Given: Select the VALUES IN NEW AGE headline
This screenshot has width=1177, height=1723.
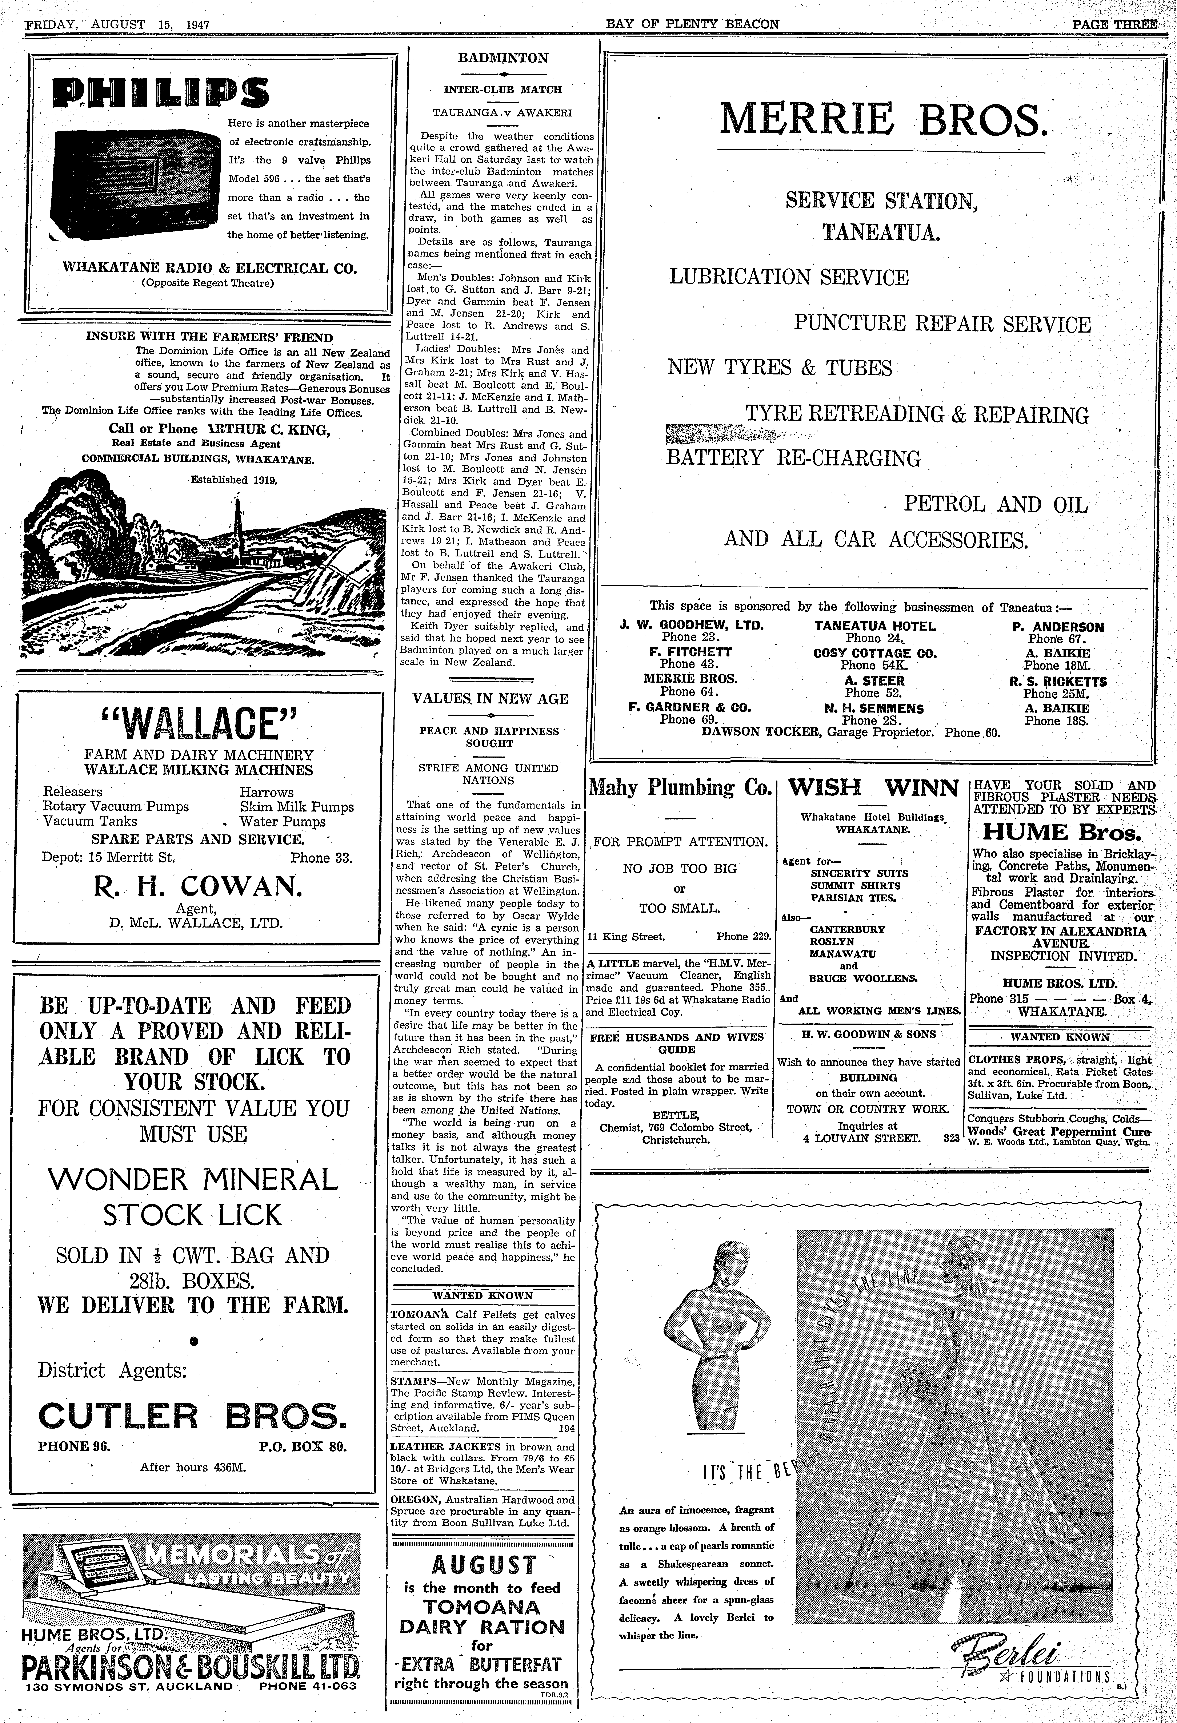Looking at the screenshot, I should (491, 698).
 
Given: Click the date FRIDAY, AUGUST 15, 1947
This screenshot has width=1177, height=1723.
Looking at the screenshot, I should (119, 24).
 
